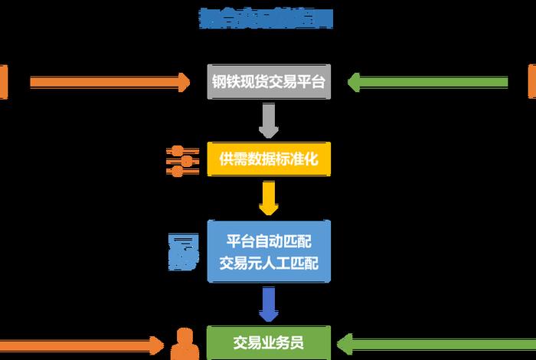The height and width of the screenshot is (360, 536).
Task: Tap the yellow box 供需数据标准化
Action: click(x=269, y=159)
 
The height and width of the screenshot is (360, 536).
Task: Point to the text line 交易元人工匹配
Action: click(x=269, y=263)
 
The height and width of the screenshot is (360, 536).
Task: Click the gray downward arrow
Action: click(x=269, y=121)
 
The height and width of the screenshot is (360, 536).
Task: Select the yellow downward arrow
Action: click(x=269, y=198)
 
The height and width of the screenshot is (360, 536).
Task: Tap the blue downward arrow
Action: click(x=269, y=304)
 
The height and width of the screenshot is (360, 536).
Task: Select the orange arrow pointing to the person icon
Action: click(x=84, y=342)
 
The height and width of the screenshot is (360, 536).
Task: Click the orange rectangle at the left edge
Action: click(x=3, y=82)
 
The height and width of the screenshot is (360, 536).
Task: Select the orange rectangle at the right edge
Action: click(x=532, y=82)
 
